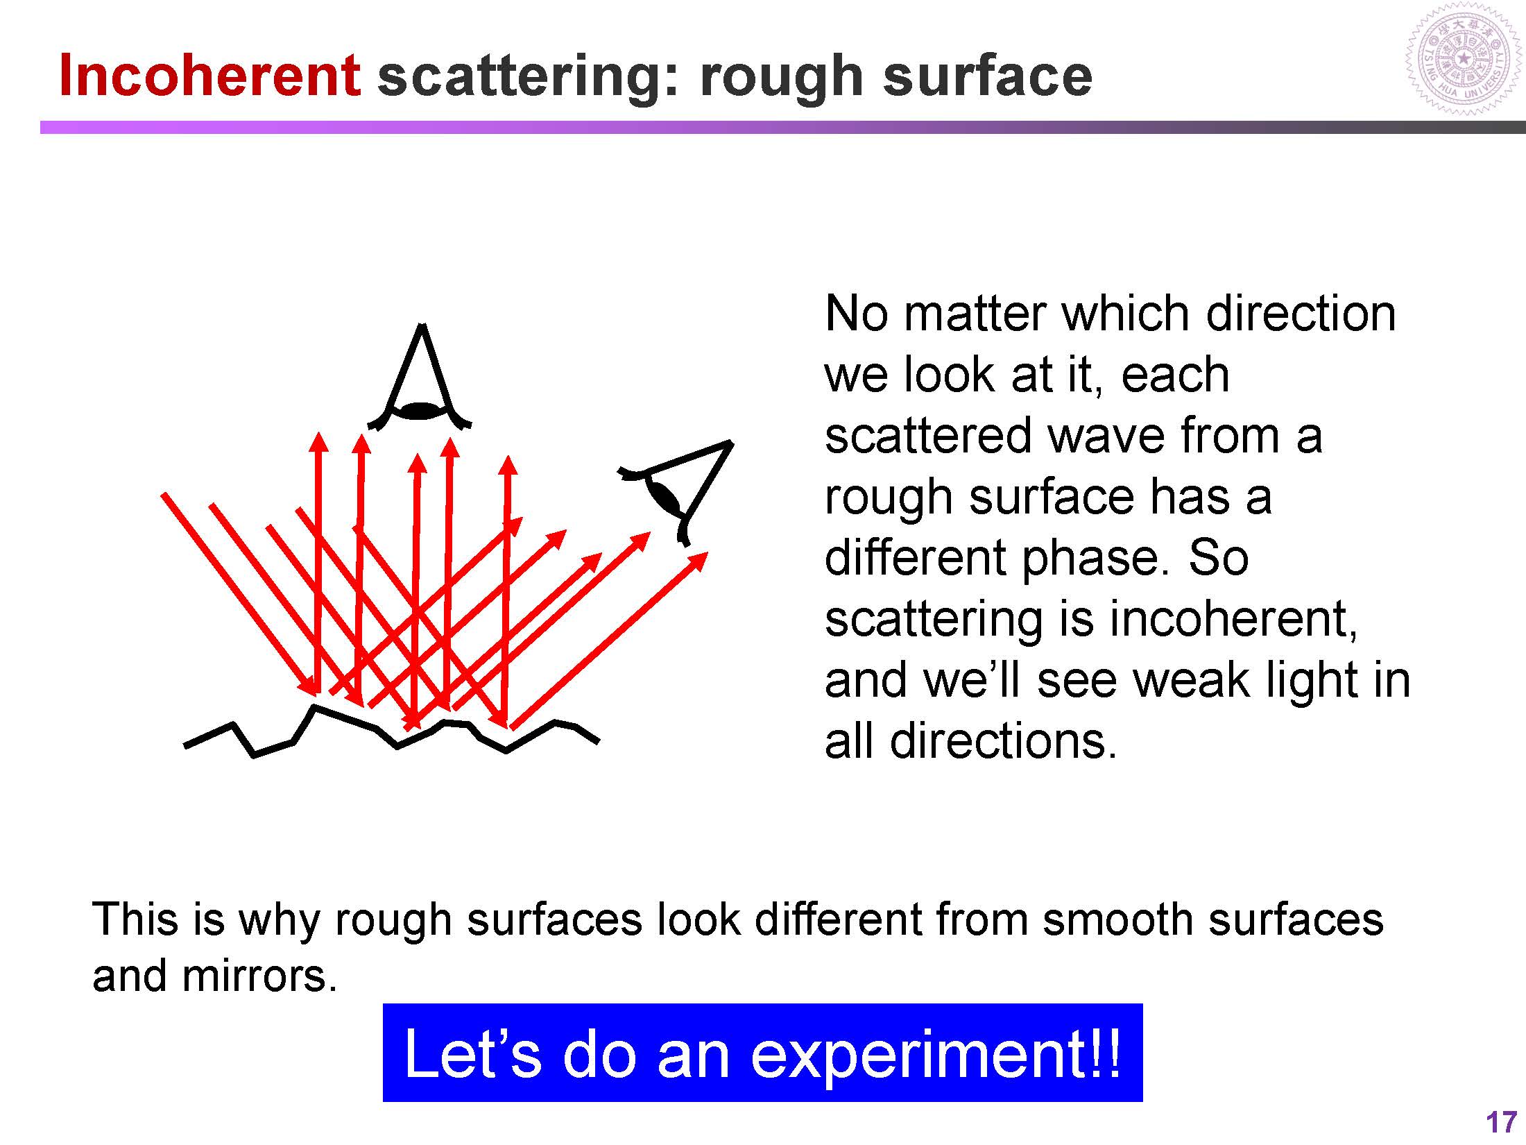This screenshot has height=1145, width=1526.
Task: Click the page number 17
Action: click(x=1502, y=1123)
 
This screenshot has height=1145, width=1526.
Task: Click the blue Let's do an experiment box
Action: click(x=762, y=1053)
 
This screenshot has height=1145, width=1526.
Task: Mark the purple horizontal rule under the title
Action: click(x=782, y=128)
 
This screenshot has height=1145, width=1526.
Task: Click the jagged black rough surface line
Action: click(x=391, y=731)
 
